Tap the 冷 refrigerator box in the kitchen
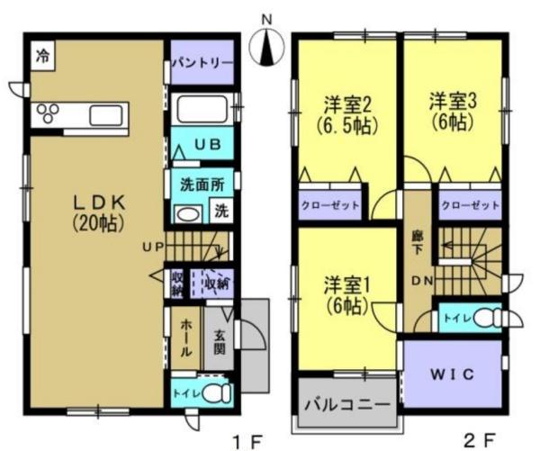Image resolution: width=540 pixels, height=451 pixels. pos(42,55)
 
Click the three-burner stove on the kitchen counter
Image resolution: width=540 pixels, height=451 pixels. pos(48,113)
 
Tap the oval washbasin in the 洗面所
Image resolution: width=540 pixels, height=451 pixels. pos(186,214)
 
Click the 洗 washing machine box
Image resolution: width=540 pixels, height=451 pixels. pos(220,213)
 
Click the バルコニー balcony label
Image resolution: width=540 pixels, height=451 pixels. pos(346,401)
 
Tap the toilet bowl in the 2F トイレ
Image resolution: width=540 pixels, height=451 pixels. pos(487,318)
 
